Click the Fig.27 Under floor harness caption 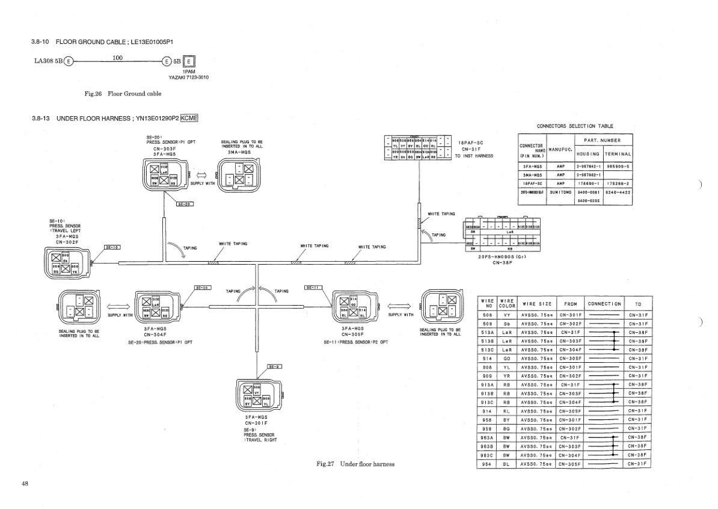coord(355,464)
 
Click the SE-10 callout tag coord(112,247)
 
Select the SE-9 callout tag coord(274,366)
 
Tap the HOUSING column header coord(587,153)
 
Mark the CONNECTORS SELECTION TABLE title coord(575,126)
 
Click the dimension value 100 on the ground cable coord(118,57)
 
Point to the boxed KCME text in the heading coord(185,118)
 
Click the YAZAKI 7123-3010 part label coord(189,77)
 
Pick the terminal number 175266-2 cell coord(618,183)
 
